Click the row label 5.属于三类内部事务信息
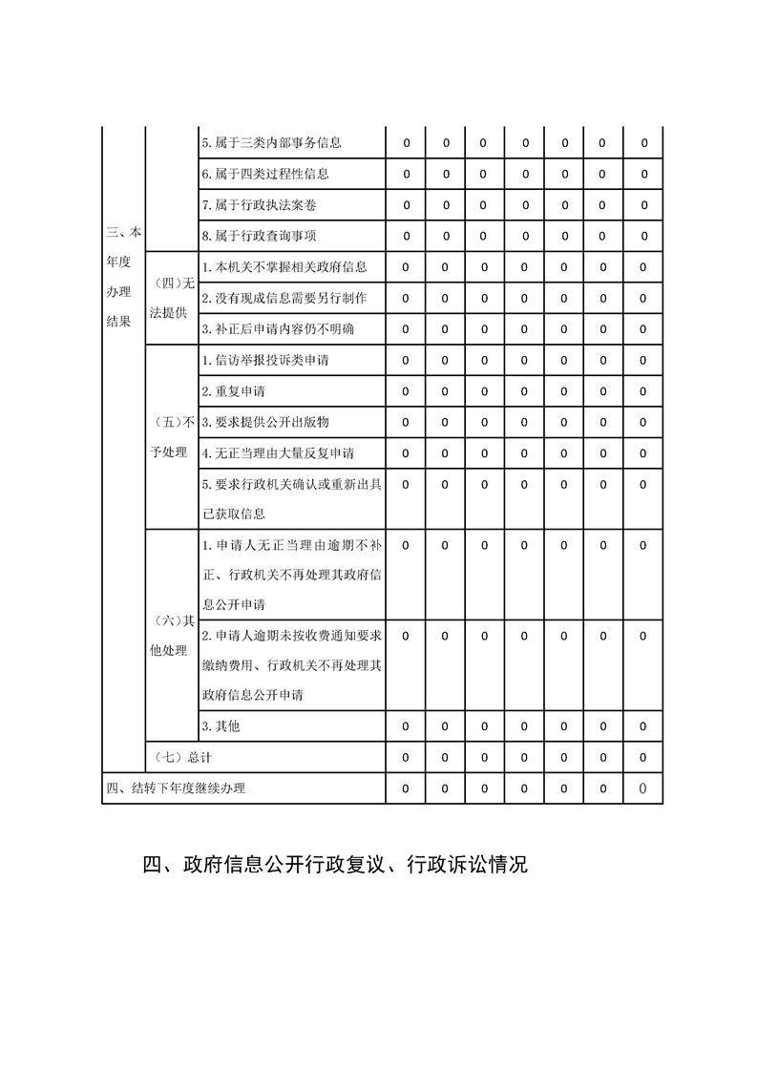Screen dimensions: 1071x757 (271, 143)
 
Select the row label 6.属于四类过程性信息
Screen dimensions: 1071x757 (265, 174)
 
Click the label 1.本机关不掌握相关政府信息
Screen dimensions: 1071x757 (284, 267)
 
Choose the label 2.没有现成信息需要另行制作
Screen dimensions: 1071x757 (284, 298)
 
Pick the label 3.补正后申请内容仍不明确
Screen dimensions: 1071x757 (278, 329)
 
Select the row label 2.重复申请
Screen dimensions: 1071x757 (233, 391)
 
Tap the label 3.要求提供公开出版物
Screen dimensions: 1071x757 (265, 422)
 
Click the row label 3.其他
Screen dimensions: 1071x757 (221, 726)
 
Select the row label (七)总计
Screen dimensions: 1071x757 (182, 757)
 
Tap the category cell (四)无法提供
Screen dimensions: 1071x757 (172, 298)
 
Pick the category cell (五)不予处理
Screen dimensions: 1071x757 (172, 436)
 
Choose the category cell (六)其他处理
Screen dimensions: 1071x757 (172, 635)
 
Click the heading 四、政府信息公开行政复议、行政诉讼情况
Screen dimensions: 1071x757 (334, 866)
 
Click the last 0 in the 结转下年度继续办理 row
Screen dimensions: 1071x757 (642, 788)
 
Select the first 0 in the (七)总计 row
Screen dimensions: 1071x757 (406, 757)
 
